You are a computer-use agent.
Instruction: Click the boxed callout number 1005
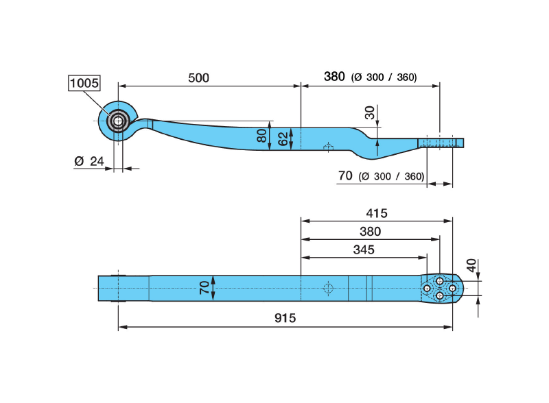click(84, 84)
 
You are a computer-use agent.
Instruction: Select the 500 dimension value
click(198, 77)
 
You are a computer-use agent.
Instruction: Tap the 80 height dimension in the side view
click(261, 135)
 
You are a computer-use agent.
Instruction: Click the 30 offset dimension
click(370, 113)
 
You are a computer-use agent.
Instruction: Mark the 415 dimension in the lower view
click(376, 213)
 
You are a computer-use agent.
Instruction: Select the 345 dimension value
click(364, 249)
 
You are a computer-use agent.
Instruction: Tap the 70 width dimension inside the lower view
click(204, 286)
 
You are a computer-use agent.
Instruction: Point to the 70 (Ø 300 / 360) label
click(381, 175)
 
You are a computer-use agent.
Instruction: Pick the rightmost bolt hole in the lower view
click(453, 288)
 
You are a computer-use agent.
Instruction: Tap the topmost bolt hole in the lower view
click(440, 281)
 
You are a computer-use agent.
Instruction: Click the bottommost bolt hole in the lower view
click(440, 295)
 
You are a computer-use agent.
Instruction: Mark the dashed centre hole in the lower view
click(328, 288)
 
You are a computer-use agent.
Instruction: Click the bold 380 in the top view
click(334, 77)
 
